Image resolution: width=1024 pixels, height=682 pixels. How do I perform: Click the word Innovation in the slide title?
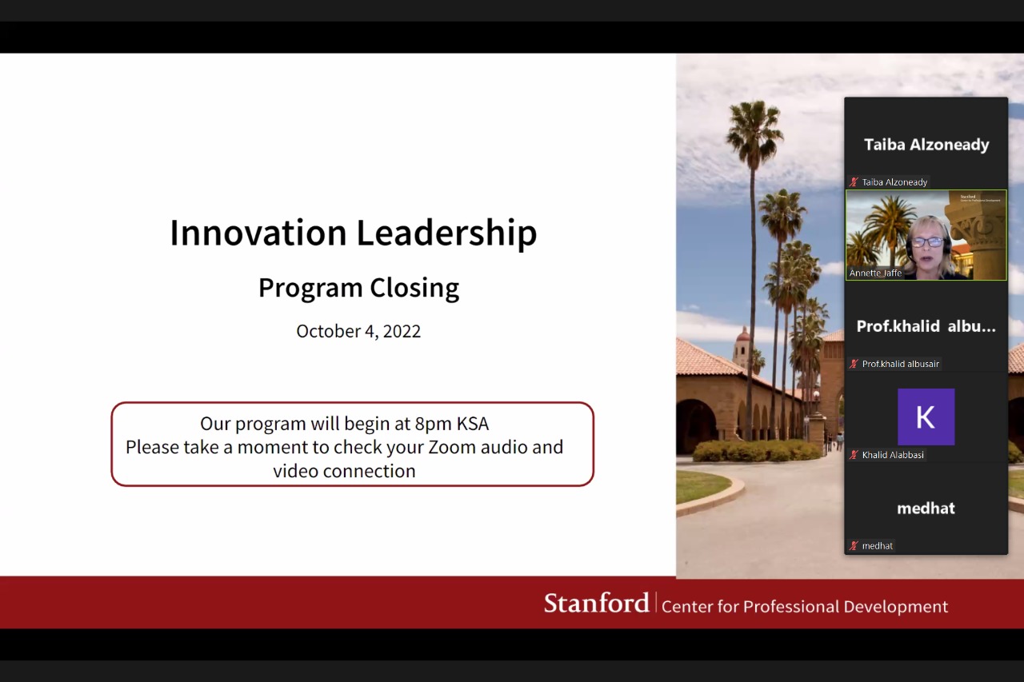click(258, 233)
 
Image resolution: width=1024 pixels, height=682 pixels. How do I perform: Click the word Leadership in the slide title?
click(446, 233)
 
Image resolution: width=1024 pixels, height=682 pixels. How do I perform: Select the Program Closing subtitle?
click(359, 289)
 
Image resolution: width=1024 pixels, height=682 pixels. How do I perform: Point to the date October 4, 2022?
click(358, 331)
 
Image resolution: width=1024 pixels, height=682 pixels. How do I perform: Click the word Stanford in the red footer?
click(597, 603)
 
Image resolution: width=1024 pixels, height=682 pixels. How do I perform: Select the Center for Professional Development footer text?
click(805, 607)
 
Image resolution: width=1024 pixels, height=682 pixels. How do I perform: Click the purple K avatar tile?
click(926, 417)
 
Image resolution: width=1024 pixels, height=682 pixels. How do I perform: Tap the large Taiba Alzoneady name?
click(926, 145)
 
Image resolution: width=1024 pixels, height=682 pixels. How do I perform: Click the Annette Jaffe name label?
click(875, 273)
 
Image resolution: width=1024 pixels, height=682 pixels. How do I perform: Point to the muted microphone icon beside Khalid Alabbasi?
click(854, 455)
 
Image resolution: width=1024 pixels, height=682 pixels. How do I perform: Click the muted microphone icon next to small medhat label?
click(854, 545)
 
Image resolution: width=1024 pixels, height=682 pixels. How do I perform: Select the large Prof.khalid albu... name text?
click(926, 326)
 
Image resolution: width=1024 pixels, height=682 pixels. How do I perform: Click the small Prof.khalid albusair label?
click(901, 364)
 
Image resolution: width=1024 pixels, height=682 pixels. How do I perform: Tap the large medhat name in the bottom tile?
click(926, 508)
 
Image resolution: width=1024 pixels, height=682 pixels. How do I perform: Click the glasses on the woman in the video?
click(928, 242)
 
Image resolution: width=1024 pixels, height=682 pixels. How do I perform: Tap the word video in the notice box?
click(296, 471)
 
